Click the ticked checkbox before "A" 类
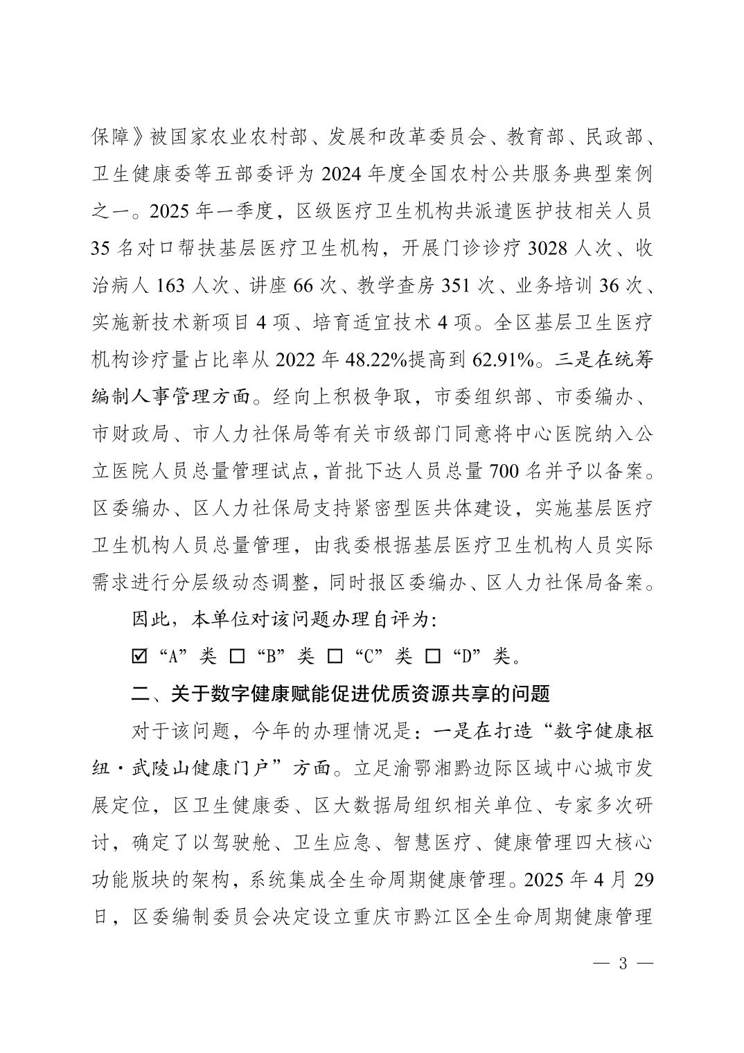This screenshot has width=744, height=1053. click(x=139, y=655)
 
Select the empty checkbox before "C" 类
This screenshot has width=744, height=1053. click(x=335, y=655)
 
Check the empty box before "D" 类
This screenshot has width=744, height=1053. click(x=433, y=655)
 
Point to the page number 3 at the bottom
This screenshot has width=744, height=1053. click(x=622, y=964)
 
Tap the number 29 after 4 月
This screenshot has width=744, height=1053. click(x=643, y=881)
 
